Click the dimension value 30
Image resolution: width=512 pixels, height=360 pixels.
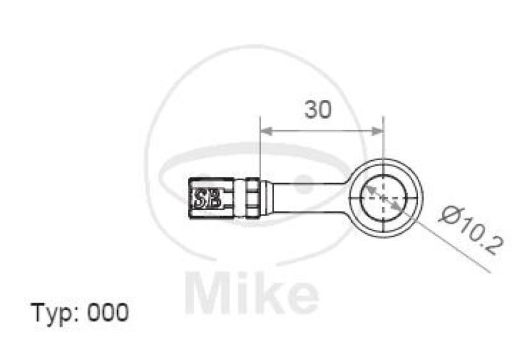pos(318,110)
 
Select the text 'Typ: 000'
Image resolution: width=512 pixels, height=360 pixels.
pos(80,313)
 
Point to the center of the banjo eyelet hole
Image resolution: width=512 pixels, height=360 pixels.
pos(383,197)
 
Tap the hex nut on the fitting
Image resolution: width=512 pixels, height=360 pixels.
pos(252,197)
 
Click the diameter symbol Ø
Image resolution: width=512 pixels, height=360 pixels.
pos(447,213)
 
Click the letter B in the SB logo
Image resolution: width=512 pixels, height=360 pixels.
pos(214,198)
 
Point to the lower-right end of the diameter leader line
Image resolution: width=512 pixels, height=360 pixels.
pos(490,271)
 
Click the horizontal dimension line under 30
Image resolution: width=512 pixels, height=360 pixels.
pos(320,131)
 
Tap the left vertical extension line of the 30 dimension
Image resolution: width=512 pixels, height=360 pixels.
pos(260,147)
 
